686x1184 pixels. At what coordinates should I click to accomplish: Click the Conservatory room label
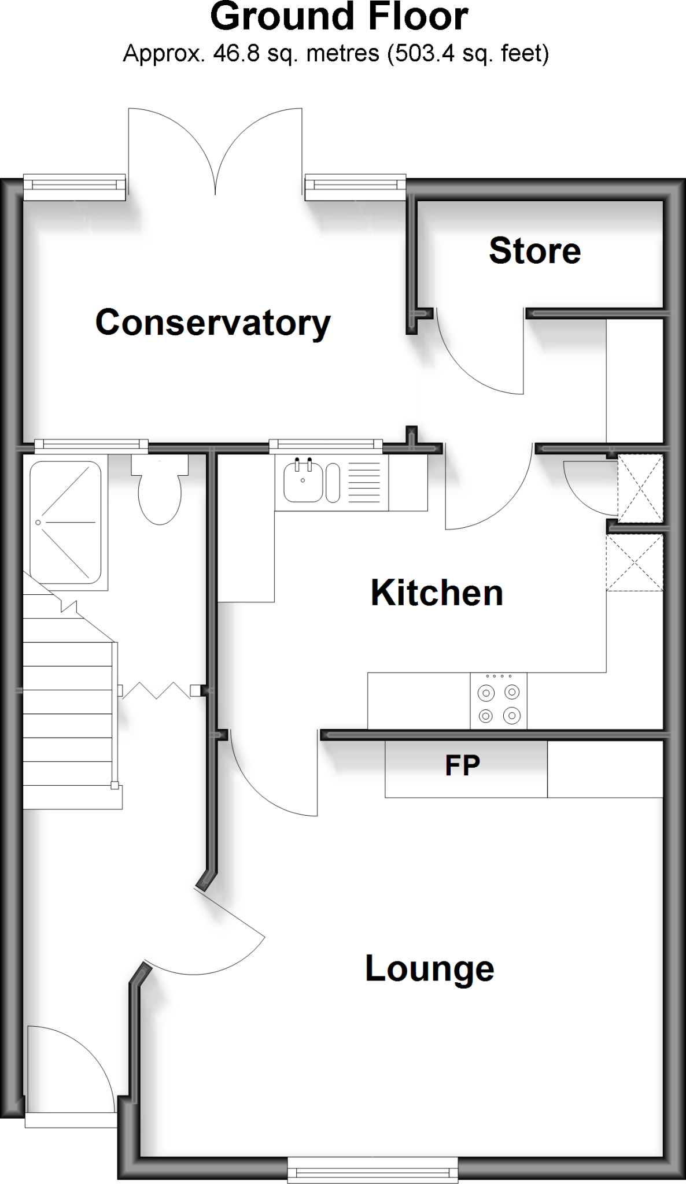coord(212,323)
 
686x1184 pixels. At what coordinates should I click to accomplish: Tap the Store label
coord(534,251)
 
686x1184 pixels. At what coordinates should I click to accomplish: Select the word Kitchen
coord(437,593)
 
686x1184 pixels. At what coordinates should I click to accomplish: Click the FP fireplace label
coord(462,765)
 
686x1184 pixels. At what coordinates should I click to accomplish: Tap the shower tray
coord(65,522)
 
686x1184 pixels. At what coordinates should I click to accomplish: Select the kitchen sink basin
coord(302,482)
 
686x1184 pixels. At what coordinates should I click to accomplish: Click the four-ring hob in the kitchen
coord(499,701)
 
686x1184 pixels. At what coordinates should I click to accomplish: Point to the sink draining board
coord(364,482)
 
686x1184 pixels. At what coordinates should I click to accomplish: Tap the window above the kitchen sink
coord(326,445)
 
